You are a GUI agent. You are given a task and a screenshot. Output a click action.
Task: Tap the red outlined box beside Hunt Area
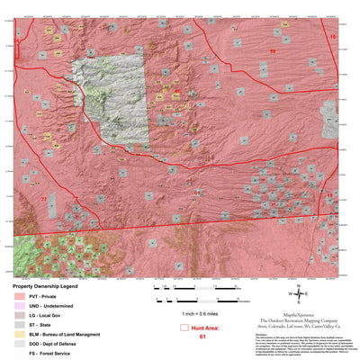pos(186,328)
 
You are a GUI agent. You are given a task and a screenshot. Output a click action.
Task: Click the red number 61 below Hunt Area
pos(203,336)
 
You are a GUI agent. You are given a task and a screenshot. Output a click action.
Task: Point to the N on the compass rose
pos(300,283)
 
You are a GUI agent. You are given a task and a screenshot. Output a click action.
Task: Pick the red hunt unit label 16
pos(332,37)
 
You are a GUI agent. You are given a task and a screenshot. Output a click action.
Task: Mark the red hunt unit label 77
pos(43,197)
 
